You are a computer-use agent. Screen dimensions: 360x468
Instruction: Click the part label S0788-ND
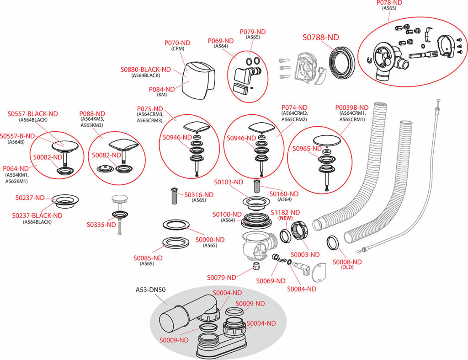tap(321, 38)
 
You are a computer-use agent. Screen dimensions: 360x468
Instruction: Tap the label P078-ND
tap(389, 2)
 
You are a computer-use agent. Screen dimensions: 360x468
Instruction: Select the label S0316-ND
tap(199, 194)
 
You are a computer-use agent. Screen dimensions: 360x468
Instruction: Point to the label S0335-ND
tap(101, 225)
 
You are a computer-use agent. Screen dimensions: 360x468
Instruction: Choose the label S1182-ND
tap(285, 213)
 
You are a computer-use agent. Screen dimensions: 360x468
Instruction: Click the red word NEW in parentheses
tap(285, 219)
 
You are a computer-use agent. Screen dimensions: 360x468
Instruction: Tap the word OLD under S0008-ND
tap(347, 268)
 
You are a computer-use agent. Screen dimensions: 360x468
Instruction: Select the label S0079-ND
tap(222, 277)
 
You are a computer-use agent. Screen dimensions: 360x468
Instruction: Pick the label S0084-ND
tap(302, 289)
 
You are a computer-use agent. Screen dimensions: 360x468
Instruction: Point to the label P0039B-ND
tap(352, 107)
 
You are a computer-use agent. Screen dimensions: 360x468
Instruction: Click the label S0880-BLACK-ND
tap(146, 70)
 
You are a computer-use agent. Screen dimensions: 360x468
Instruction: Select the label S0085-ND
tap(148, 258)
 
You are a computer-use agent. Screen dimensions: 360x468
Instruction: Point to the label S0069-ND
tap(271, 281)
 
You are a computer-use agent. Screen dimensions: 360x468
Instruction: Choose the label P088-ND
tap(92, 113)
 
